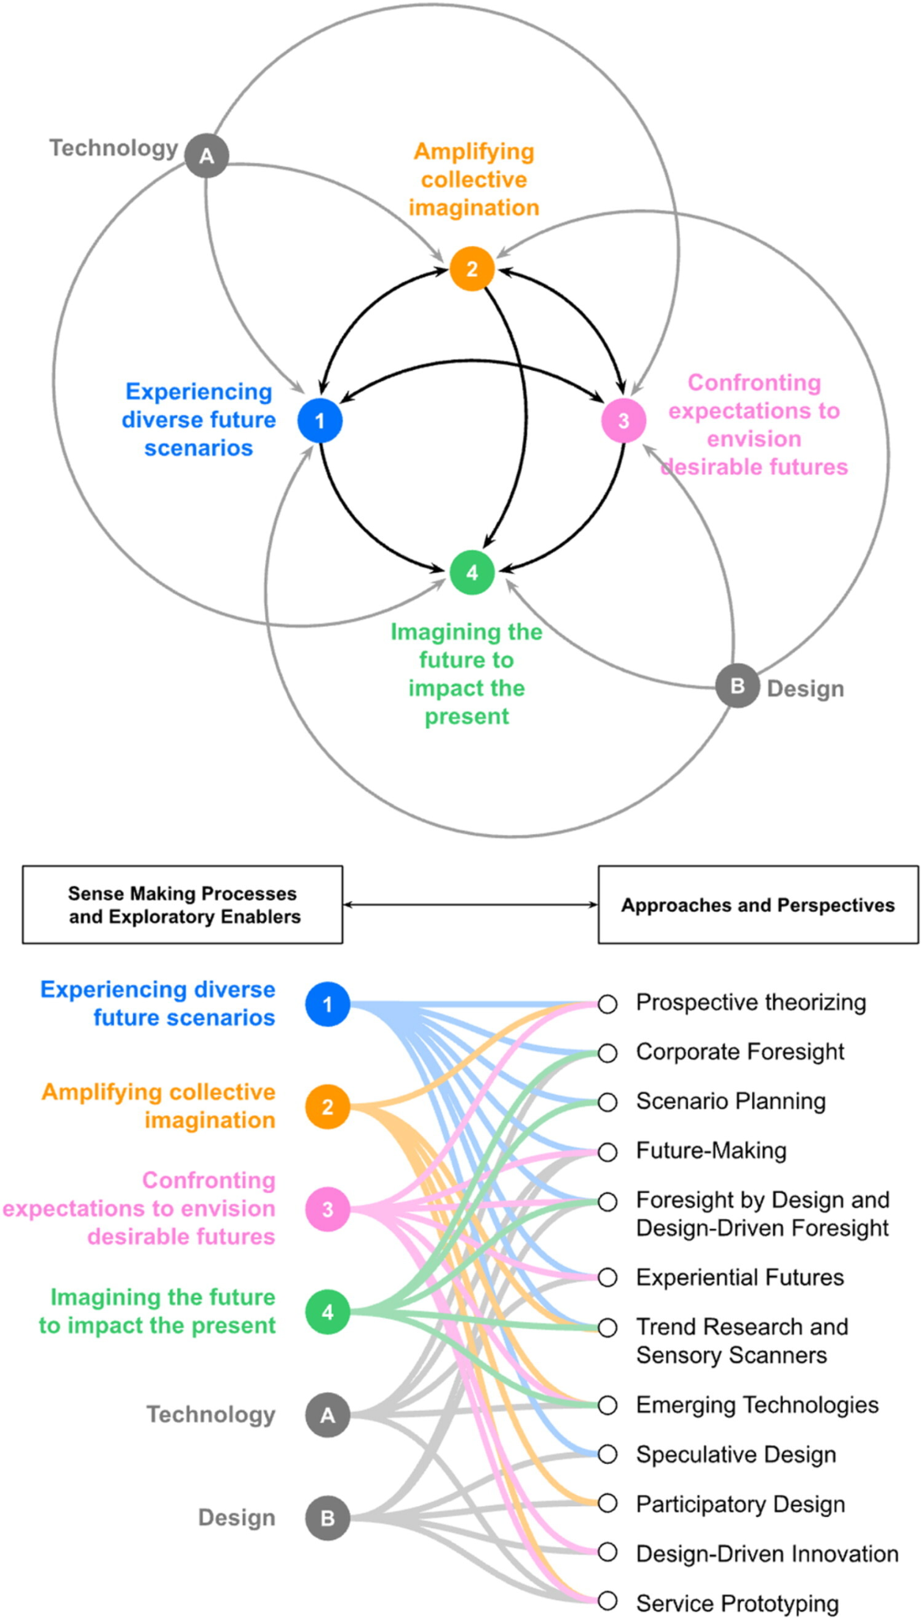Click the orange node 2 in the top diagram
click(x=472, y=269)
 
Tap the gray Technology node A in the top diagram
click(x=206, y=156)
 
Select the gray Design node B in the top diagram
click(x=737, y=685)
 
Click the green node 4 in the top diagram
click(x=472, y=572)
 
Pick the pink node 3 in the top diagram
click(x=624, y=421)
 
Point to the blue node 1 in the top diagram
click(x=319, y=421)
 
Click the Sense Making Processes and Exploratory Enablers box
click(x=183, y=905)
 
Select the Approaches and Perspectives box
click(x=758, y=905)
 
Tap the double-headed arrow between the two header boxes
click(x=470, y=904)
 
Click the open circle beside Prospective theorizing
click(x=607, y=1004)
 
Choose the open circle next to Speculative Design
click(x=607, y=1455)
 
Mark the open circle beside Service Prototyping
click(x=607, y=1601)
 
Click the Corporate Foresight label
click(x=739, y=1052)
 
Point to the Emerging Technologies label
click(x=757, y=1405)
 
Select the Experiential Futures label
click(x=739, y=1277)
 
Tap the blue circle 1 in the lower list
click(x=327, y=1004)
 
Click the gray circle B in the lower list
click(x=327, y=1518)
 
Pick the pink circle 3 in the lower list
click(x=327, y=1209)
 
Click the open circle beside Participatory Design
click(x=607, y=1504)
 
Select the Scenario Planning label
click(x=731, y=1101)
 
